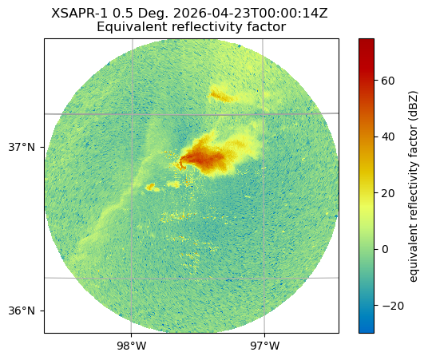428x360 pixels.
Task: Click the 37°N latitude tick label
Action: point(22,148)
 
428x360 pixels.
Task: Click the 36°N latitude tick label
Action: point(22,311)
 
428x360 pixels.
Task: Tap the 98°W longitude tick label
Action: point(132,346)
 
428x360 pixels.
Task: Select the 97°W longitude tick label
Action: point(265,346)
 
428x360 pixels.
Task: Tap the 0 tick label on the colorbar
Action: point(385,249)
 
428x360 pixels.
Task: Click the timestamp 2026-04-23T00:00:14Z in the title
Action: point(250,13)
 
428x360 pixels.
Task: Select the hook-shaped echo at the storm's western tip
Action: point(182,163)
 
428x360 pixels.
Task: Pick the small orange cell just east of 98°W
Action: point(150,187)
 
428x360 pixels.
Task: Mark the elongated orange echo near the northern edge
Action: point(220,96)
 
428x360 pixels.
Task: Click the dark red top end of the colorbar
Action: point(367,42)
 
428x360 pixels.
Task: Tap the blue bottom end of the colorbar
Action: point(367,330)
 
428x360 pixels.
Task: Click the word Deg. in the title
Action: point(153,14)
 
